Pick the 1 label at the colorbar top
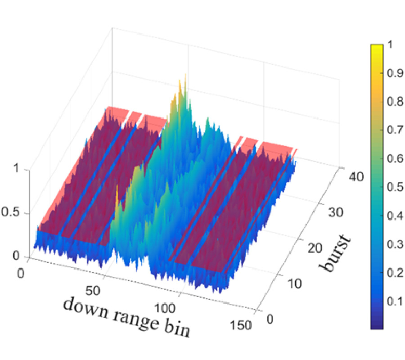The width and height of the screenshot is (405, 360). click(x=390, y=46)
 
